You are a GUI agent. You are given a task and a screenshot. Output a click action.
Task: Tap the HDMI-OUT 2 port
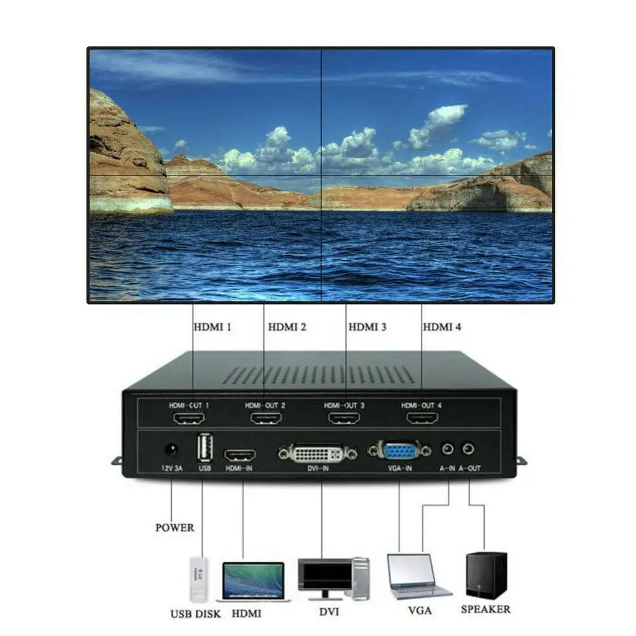click(x=266, y=419)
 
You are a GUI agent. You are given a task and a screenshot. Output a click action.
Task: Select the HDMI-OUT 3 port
click(x=344, y=419)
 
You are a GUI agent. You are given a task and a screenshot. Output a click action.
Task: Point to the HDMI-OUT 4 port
click(x=422, y=419)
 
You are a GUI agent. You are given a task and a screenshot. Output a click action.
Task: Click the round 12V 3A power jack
click(x=170, y=450)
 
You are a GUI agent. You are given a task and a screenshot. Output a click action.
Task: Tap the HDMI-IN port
click(x=240, y=455)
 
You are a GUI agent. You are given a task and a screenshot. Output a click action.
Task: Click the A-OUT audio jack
click(x=469, y=449)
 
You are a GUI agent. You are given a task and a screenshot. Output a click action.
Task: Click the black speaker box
click(x=487, y=575)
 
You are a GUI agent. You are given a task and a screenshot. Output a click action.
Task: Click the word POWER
click(x=175, y=527)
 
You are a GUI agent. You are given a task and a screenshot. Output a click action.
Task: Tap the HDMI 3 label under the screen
click(x=367, y=327)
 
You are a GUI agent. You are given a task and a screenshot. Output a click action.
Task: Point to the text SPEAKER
click(x=486, y=609)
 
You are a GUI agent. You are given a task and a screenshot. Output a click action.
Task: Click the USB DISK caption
click(x=195, y=614)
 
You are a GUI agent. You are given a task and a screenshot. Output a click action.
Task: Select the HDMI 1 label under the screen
click(x=212, y=327)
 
